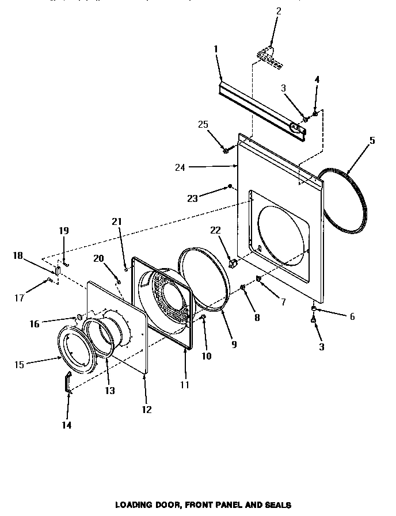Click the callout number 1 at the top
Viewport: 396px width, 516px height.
[216, 49]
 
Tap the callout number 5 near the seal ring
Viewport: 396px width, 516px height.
[372, 140]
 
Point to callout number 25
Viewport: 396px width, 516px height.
[203, 124]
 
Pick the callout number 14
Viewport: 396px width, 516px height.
[67, 425]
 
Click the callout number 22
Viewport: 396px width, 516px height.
[215, 230]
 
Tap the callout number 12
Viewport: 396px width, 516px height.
[147, 409]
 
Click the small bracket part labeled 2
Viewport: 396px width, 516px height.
[266, 53]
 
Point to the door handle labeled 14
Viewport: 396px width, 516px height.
[68, 382]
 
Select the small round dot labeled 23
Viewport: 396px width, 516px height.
[230, 186]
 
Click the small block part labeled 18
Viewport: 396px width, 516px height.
[58, 270]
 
